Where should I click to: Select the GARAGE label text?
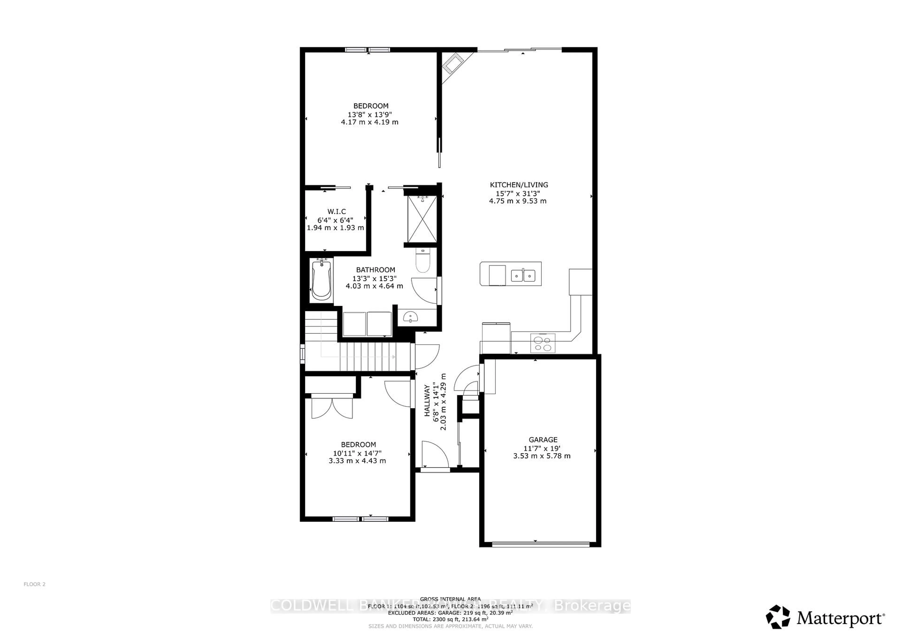[x=543, y=440]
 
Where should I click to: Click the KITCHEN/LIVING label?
[x=519, y=185]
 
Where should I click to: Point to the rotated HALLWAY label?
[x=427, y=401]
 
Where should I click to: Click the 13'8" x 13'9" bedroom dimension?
[x=370, y=114]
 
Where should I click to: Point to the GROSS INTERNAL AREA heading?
[x=450, y=599]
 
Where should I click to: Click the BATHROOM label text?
[x=375, y=270]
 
